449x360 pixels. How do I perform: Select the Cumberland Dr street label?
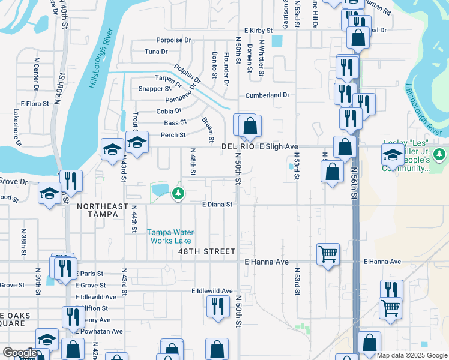(x=267, y=95)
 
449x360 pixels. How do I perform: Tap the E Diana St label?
(x=217, y=205)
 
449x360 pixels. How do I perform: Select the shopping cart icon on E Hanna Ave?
(x=328, y=254)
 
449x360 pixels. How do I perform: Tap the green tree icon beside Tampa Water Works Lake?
(x=178, y=193)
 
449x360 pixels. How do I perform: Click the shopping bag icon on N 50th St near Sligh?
(x=250, y=126)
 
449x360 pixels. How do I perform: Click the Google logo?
(x=19, y=353)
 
